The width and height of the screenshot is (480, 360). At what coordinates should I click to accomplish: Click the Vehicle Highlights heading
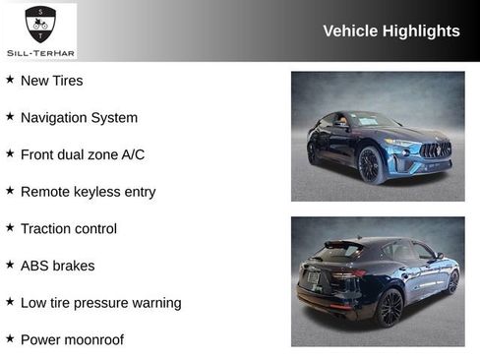click(390, 31)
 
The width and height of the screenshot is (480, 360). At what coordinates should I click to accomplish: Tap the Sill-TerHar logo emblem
click(40, 23)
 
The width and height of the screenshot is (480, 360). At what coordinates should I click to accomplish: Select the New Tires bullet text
click(51, 81)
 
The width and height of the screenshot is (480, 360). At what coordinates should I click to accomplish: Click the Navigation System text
click(79, 118)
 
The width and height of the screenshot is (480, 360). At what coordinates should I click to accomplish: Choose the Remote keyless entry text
click(88, 192)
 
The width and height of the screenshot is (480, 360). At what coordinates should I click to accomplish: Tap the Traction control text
click(68, 228)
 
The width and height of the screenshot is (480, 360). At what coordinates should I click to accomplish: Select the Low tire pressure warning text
click(100, 303)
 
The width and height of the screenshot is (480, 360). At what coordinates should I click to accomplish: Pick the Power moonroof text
click(72, 340)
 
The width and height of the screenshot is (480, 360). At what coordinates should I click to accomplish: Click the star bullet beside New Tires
click(10, 80)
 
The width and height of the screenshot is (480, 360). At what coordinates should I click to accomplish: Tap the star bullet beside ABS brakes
click(10, 265)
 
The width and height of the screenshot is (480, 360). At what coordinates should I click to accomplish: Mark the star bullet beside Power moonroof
click(10, 339)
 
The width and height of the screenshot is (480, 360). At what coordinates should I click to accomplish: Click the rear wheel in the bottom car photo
click(390, 307)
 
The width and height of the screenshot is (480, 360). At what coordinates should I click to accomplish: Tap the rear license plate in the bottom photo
click(313, 278)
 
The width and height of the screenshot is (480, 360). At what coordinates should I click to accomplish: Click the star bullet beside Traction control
click(10, 227)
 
